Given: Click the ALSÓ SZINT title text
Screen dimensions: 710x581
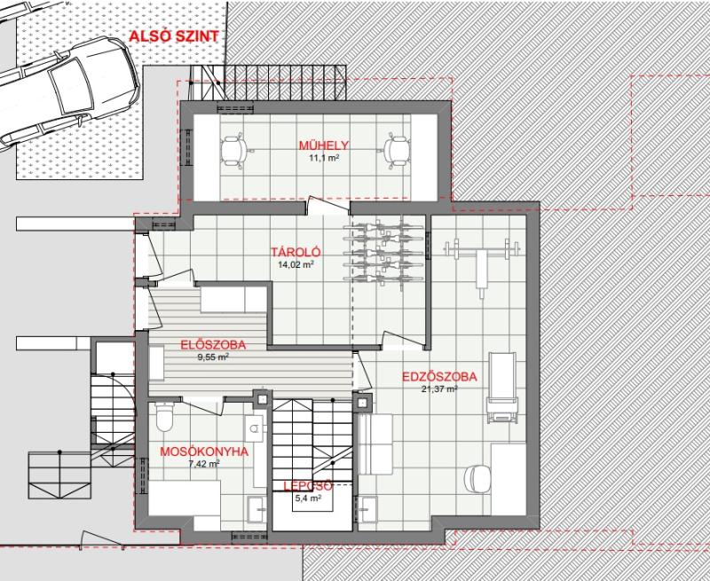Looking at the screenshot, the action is (x=174, y=36).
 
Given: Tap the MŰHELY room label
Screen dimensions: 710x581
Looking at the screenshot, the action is (x=324, y=145).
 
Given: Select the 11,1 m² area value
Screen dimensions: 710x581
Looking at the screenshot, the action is (x=324, y=158).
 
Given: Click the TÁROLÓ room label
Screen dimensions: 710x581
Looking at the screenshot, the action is (x=296, y=252).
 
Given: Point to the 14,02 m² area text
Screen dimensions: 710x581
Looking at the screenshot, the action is (x=296, y=264).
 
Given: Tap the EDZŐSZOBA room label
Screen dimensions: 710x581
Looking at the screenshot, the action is (x=439, y=377).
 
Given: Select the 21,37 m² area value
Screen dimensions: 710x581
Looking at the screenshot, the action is (x=439, y=389).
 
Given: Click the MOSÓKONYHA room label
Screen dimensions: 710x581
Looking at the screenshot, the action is (x=204, y=451).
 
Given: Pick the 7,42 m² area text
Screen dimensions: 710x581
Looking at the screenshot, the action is (x=204, y=463).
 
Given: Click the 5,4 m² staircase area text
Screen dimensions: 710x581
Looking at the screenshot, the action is (x=308, y=499).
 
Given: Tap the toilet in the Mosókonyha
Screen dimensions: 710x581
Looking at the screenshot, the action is (x=164, y=416).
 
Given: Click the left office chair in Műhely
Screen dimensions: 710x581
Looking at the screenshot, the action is (x=234, y=151).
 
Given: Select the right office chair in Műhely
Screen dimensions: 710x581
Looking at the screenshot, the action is (x=395, y=151).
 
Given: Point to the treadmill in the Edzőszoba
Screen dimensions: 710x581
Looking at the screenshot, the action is (x=501, y=388).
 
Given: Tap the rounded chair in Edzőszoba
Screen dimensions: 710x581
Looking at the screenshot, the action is (x=477, y=478).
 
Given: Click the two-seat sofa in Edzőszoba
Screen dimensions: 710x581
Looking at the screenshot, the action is (x=375, y=444).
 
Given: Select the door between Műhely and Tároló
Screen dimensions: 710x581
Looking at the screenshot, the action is (x=327, y=206).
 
